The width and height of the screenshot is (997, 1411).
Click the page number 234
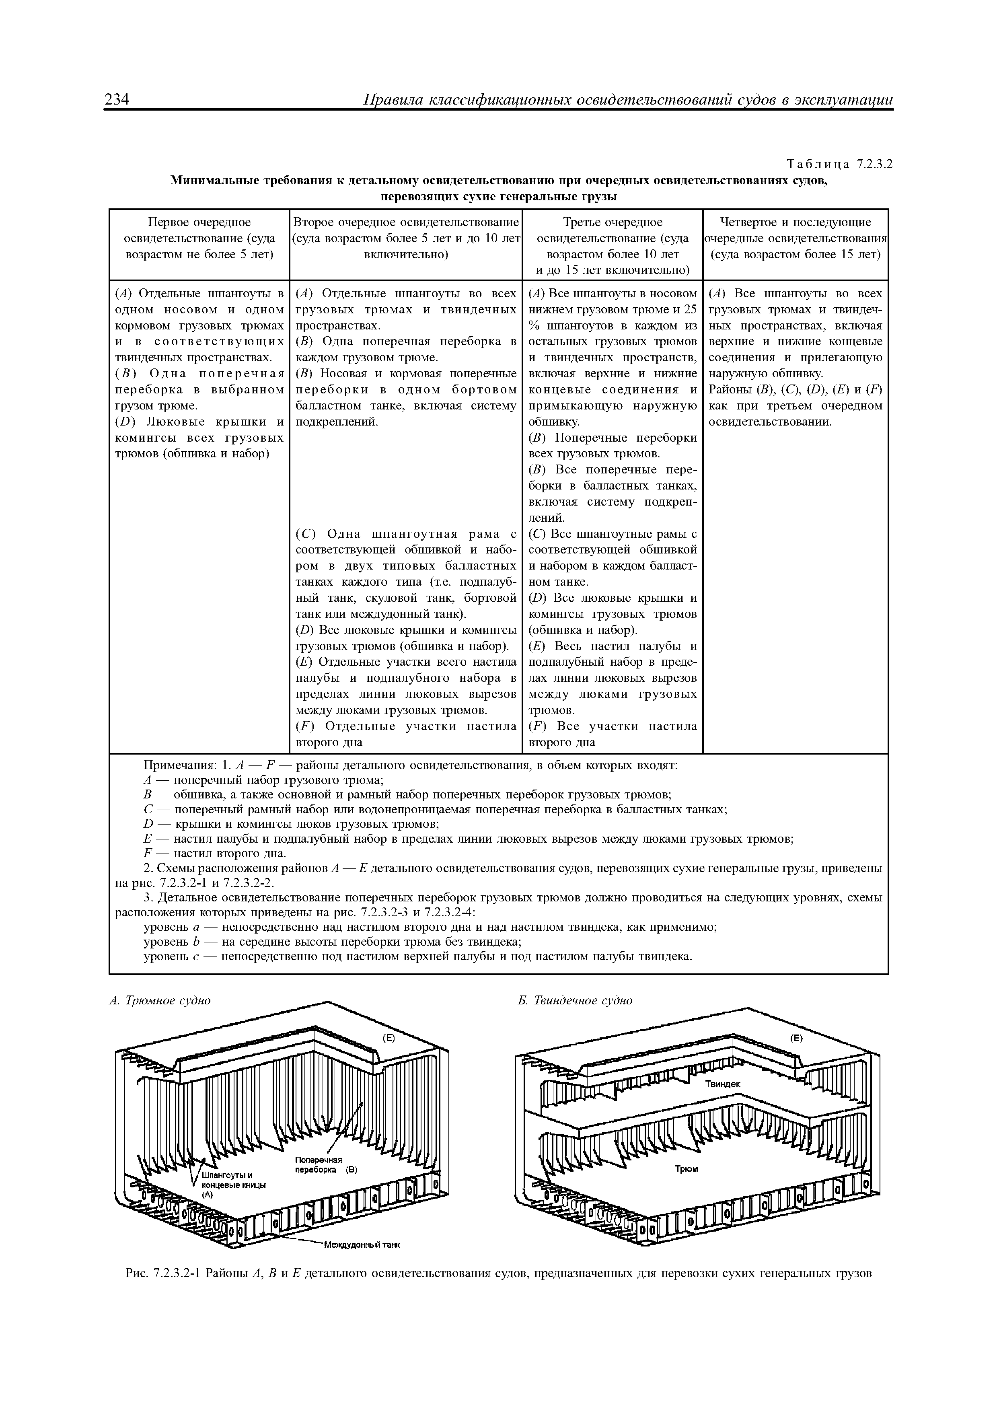click(x=117, y=100)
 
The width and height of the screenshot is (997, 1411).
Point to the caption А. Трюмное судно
click(x=160, y=1000)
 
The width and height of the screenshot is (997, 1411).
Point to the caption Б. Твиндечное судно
click(x=575, y=1000)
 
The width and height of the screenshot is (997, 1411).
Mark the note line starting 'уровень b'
click(x=332, y=942)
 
